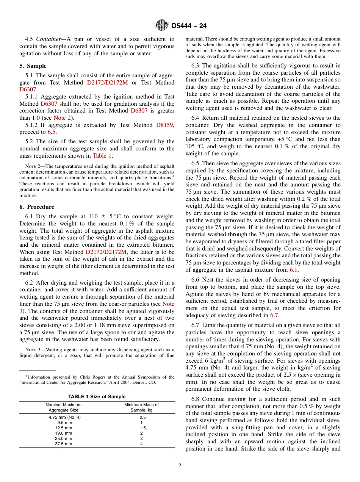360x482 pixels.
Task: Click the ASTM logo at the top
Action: [x=162, y=26]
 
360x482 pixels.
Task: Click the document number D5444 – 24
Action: [x=189, y=26]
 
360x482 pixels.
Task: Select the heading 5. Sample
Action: [x=33, y=66]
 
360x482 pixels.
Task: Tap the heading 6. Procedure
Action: [x=37, y=207]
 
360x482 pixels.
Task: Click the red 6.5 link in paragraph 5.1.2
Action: [x=52, y=132]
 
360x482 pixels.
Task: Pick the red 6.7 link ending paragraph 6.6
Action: [x=274, y=315]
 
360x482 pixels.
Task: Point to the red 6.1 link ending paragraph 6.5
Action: [x=294, y=270]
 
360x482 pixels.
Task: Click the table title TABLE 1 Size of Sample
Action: [x=97, y=397]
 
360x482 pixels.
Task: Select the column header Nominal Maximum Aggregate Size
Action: [x=63, y=407]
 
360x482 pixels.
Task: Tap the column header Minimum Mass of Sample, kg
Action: [x=141, y=407]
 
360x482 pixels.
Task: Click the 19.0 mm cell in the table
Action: [x=63, y=433]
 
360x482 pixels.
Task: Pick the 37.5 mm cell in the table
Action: [x=63, y=444]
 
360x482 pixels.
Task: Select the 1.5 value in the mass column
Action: [x=141, y=428]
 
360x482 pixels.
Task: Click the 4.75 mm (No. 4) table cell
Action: [x=65, y=417]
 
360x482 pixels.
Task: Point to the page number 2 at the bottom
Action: [x=180, y=466]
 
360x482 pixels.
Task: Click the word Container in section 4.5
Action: [x=47, y=39]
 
